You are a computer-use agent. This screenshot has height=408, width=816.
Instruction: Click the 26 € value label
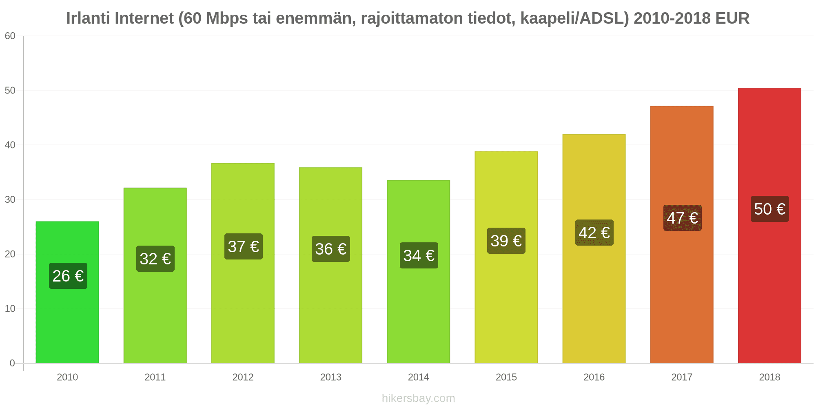coord(68,276)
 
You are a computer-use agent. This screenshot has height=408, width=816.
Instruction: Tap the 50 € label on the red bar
coord(770,209)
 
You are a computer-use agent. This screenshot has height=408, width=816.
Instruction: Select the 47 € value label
coord(683,218)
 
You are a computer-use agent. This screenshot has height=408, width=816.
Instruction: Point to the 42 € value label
coord(594,233)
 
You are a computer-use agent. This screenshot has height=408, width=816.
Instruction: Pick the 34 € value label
coord(419,255)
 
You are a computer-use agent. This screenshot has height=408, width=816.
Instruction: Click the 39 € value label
coord(506,241)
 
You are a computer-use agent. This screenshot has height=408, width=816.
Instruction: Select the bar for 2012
coord(243,263)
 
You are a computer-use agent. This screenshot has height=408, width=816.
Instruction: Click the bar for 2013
coord(330,265)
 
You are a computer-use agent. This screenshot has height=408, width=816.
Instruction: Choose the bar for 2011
coord(155,275)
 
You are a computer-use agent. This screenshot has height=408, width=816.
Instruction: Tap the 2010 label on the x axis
coord(67,377)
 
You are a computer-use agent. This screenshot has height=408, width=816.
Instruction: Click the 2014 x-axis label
coord(419,377)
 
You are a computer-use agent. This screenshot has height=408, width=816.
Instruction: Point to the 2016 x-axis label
coord(594,377)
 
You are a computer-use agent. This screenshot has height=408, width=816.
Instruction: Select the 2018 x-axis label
coord(769,377)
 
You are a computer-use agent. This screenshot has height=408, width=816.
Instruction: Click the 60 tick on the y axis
coord(10,36)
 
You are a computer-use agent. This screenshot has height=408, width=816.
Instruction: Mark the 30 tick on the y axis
coord(10,200)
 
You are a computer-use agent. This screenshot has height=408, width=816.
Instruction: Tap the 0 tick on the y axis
coord(12,363)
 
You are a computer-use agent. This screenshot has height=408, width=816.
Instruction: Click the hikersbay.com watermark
coord(419,398)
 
